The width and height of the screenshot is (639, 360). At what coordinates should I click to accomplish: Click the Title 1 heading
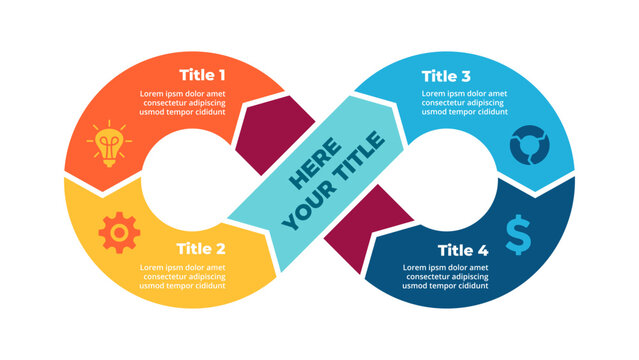[x=202, y=74]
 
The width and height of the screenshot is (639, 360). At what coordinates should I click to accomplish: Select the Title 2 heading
[x=200, y=248]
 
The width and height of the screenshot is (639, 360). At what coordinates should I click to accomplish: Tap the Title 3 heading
[x=447, y=75]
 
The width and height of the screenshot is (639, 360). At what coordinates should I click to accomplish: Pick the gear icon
[x=118, y=232]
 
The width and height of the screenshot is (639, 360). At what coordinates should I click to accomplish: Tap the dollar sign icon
[x=518, y=234]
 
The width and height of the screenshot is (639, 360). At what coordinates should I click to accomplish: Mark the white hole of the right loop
[x=454, y=180]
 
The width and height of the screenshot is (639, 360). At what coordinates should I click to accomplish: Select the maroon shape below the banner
[x=374, y=226]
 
